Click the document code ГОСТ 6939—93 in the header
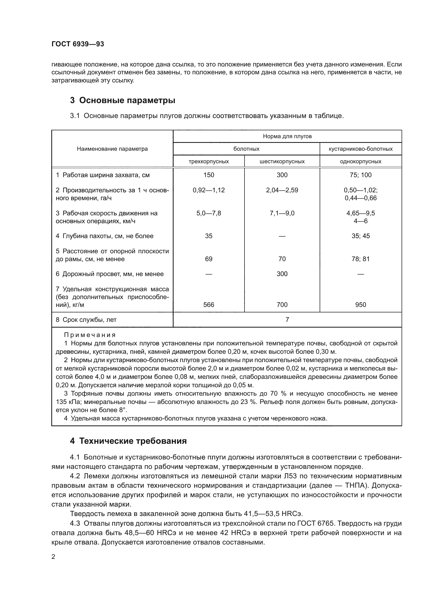point(77,44)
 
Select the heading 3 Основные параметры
point(123,100)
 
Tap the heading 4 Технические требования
point(128,441)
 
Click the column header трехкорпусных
point(208,161)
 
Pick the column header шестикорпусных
point(282,161)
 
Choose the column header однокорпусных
point(360,161)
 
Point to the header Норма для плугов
point(287,136)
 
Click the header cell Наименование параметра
point(112,149)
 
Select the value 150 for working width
point(208,175)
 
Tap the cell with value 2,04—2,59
point(282,190)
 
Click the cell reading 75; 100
point(360,175)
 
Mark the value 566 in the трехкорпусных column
point(208,304)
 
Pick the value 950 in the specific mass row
point(360,304)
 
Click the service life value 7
point(287,319)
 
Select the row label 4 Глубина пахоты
point(104,236)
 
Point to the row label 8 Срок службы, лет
point(86,319)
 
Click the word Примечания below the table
point(90,335)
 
